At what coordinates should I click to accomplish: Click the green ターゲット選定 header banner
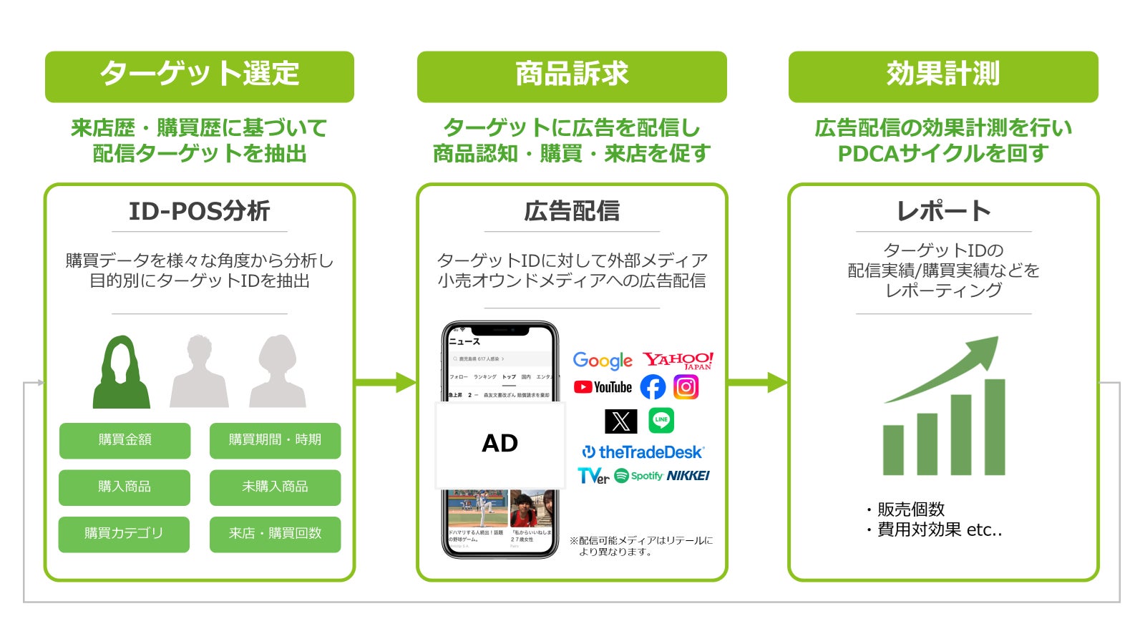pos(199,76)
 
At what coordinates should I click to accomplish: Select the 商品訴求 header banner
pos(571,76)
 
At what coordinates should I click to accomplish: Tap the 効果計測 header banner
pos(942,76)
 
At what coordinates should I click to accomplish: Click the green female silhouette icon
pos(121,374)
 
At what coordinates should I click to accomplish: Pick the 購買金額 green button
pos(125,440)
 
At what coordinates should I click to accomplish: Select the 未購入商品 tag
pos(275,487)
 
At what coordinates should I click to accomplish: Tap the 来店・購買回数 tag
pos(275,534)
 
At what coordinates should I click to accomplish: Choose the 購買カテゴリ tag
pos(124,534)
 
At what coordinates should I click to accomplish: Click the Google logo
pos(603,360)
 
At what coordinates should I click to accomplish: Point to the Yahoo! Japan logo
pos(678,360)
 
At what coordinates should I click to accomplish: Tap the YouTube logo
pos(603,387)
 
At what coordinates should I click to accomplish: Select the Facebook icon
pos(653,387)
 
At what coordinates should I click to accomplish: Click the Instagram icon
pos(686,387)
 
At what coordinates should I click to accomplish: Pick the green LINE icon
pos(661,420)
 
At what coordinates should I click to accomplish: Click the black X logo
pos(620,421)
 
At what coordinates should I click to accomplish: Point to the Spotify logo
pos(638,476)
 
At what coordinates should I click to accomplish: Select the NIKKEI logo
pos(688,476)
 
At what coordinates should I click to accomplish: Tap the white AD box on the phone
pos(500,444)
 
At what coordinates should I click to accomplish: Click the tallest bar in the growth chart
pos(994,427)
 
